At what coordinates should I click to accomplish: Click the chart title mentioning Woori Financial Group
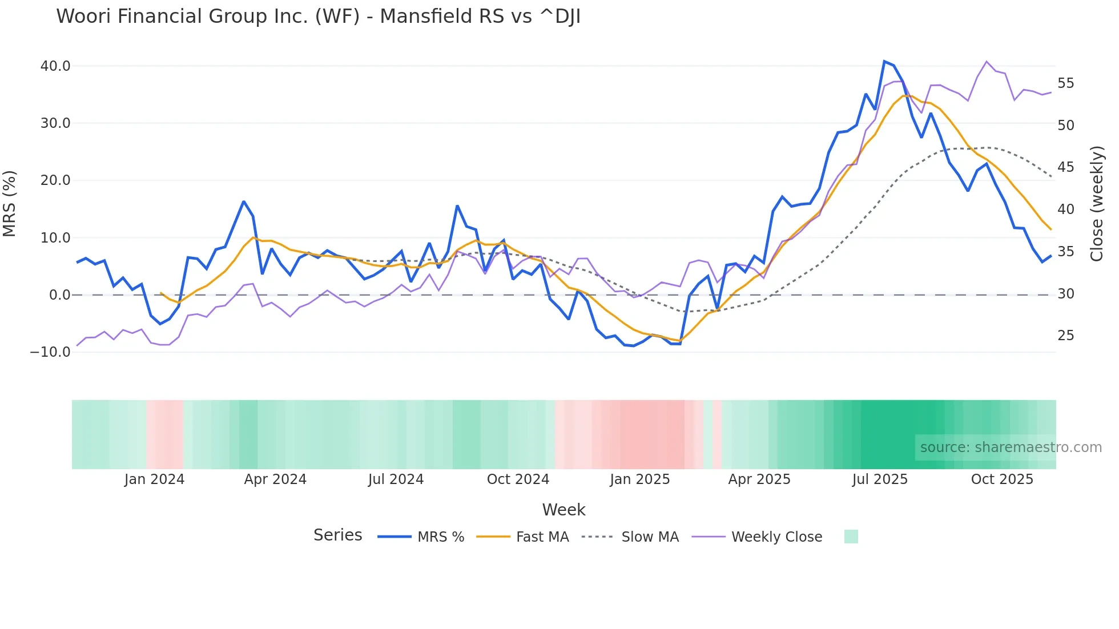pyautogui.click(x=318, y=17)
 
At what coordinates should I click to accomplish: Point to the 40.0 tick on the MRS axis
pyautogui.click(x=55, y=66)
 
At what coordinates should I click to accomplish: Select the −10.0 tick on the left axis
pyautogui.click(x=50, y=352)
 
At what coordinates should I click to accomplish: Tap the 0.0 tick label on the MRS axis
pyautogui.click(x=59, y=295)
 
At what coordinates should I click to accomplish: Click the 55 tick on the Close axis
pyautogui.click(x=1065, y=83)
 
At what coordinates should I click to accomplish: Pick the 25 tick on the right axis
pyautogui.click(x=1065, y=336)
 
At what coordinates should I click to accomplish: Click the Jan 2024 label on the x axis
pyautogui.click(x=154, y=479)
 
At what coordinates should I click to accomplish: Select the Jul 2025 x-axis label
pyautogui.click(x=880, y=479)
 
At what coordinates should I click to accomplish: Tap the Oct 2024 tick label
pyautogui.click(x=518, y=479)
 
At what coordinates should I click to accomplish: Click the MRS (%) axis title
pyautogui.click(x=10, y=203)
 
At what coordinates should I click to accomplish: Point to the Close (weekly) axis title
pyautogui.click(x=1097, y=203)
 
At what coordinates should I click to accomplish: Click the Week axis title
pyautogui.click(x=563, y=510)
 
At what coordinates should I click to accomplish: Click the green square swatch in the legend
pyautogui.click(x=851, y=537)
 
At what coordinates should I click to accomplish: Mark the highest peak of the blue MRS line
pyautogui.click(x=884, y=61)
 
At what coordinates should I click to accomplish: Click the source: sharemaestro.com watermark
pyautogui.click(x=1011, y=447)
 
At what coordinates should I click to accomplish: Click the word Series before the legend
pyautogui.click(x=337, y=535)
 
